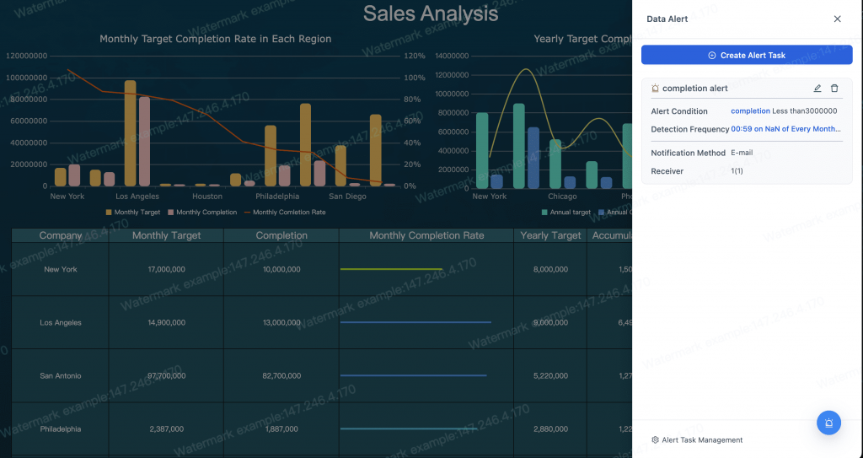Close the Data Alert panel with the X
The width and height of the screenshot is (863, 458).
[837, 19]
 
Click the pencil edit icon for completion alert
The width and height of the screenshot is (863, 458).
[817, 89]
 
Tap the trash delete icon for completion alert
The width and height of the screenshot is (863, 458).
[834, 89]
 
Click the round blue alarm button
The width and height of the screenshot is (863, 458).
[828, 423]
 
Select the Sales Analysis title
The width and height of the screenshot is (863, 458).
[430, 13]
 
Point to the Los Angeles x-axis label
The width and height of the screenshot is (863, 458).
[137, 197]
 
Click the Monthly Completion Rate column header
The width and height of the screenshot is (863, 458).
[426, 236]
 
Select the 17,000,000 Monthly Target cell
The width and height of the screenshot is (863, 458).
[166, 269]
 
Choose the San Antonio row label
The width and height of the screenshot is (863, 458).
[61, 375]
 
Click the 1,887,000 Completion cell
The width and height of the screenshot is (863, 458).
[281, 428]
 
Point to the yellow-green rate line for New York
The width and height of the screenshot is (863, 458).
[391, 269]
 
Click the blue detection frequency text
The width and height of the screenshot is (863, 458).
[785, 129]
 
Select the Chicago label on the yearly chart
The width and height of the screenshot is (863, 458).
[562, 197]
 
